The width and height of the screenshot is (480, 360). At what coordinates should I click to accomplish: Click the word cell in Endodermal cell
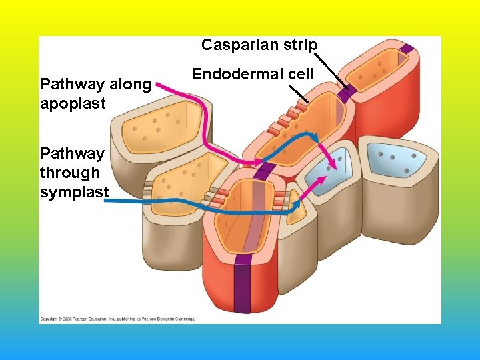pyautogui.click(x=301, y=74)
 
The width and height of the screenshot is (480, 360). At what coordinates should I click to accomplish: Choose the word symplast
pyautogui.click(x=74, y=193)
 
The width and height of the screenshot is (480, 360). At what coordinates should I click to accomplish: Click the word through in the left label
pyautogui.click(x=69, y=173)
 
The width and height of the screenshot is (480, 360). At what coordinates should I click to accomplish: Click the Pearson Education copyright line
pyautogui.click(x=117, y=319)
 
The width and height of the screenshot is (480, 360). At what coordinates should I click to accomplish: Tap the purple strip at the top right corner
pyautogui.click(x=407, y=51)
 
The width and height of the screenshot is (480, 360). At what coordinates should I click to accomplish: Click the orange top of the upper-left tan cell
pyautogui.click(x=161, y=123)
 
